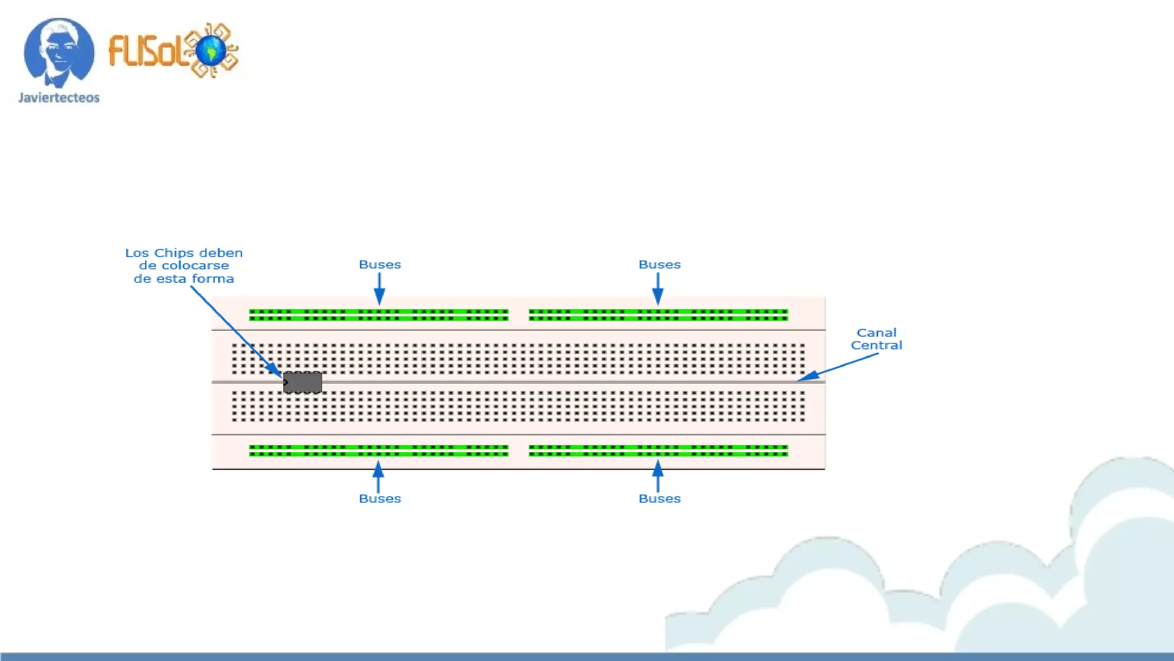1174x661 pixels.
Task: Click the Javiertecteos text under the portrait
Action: (x=59, y=98)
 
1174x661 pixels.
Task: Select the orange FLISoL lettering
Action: (x=146, y=50)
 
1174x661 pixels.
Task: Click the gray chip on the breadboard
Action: (x=303, y=382)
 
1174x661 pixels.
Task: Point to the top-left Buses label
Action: (x=379, y=265)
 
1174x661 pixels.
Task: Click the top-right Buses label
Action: (x=659, y=265)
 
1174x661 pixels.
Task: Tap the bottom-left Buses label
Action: (x=379, y=499)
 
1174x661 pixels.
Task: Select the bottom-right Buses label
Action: (x=659, y=499)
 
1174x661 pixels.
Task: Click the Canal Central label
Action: (x=876, y=339)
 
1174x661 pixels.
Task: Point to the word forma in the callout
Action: (x=213, y=279)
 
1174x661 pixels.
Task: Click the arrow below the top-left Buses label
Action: (x=379, y=288)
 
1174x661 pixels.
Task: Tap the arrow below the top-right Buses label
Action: (x=658, y=288)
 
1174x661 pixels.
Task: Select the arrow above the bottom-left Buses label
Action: (x=378, y=476)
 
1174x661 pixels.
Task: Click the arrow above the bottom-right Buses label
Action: (x=658, y=476)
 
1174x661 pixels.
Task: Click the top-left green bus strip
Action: (x=378, y=315)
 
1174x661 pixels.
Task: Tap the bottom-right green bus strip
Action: (x=658, y=450)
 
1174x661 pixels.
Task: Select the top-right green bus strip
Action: (x=658, y=315)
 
